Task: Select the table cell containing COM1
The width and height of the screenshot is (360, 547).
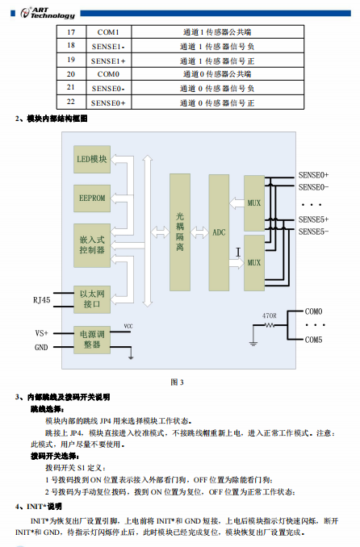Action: (107, 31)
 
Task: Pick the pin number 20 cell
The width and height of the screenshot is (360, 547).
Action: (71, 73)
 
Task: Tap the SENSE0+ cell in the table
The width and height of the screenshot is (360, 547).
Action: (107, 102)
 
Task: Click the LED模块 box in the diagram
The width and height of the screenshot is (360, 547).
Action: (91, 159)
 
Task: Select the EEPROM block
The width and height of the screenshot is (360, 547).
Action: (91, 197)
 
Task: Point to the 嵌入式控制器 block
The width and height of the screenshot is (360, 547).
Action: (91, 244)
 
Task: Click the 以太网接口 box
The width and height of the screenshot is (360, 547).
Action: (91, 299)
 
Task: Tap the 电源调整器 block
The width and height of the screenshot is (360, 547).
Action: (91, 339)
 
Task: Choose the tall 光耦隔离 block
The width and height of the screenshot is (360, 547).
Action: (179, 232)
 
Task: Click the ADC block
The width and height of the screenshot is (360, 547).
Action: (219, 232)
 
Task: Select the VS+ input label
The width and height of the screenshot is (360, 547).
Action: (41, 332)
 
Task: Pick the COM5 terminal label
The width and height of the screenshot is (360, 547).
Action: (313, 340)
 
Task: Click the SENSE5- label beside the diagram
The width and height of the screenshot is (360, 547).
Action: (313, 232)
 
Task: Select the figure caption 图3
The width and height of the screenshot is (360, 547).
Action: (178, 382)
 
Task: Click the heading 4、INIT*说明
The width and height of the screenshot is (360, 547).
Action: (39, 506)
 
